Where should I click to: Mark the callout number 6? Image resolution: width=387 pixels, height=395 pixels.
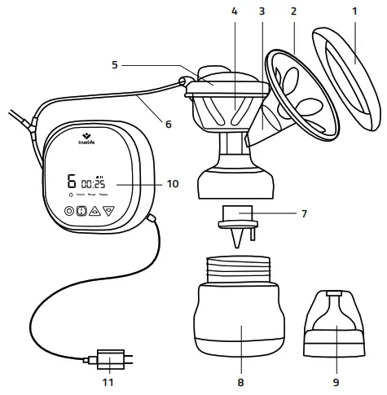(169, 125)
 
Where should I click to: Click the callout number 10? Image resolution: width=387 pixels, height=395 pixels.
(171, 184)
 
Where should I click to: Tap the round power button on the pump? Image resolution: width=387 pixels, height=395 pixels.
(69, 209)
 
